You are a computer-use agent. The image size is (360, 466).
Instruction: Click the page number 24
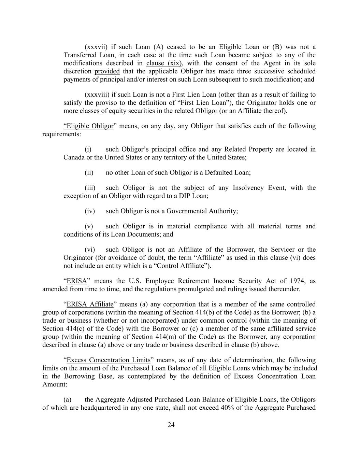click(171, 425)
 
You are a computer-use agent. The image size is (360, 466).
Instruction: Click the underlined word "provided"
click(107, 71)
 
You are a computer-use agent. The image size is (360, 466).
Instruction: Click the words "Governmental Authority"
click(202, 211)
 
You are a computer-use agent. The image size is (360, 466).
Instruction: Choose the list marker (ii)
click(89, 172)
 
